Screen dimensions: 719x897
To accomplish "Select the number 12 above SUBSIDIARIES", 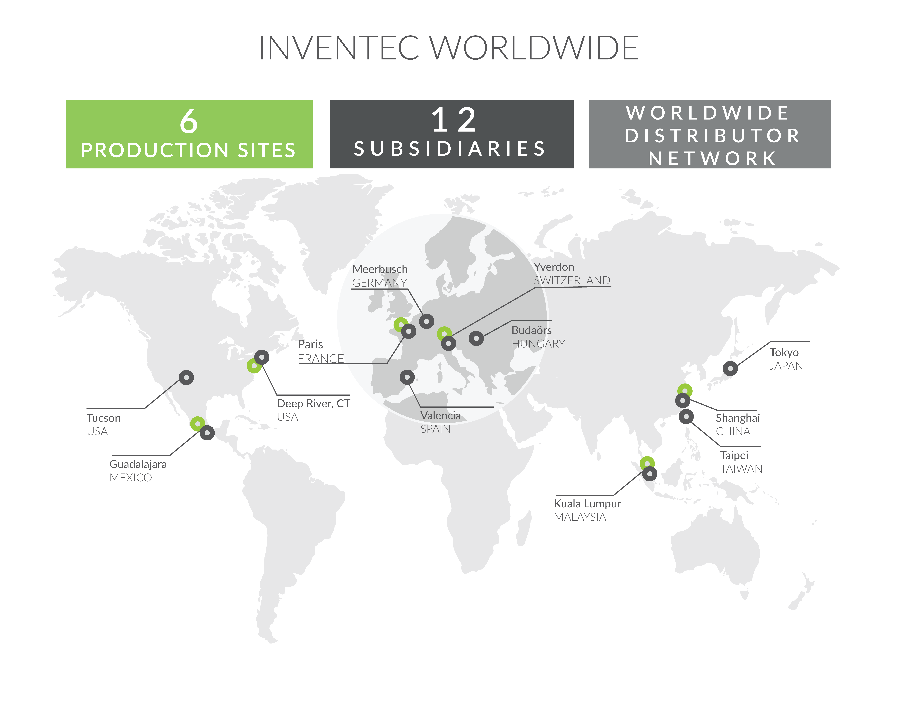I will tap(453, 121).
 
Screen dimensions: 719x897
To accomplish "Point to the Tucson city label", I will tap(104, 418).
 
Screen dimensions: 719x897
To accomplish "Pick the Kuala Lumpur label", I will tap(587, 504).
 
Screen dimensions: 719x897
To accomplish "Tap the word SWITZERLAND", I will tap(572, 281).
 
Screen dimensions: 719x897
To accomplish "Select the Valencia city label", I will tap(440, 416).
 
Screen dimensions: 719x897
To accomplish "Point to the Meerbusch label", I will tap(380, 269).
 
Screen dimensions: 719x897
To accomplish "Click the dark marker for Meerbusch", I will tap(426, 321).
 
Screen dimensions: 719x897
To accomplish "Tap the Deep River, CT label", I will tap(313, 404).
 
